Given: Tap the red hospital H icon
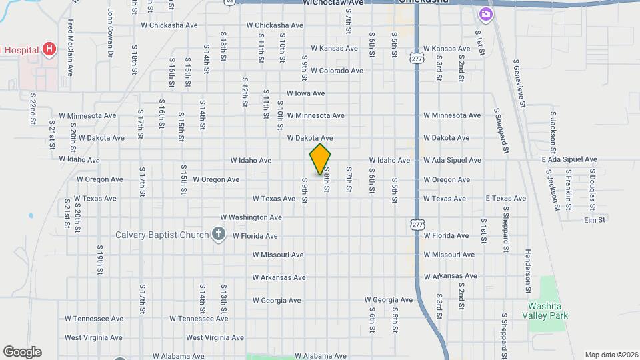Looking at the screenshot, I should coord(48,49).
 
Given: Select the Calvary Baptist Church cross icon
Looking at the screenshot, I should coord(218,233).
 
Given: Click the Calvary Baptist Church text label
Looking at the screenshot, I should coord(163,235).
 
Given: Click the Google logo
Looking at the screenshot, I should coord(22,352).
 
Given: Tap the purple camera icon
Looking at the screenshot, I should coord(486,13).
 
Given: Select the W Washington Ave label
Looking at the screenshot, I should coord(251,217).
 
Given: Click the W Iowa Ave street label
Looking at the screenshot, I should coord(305,93).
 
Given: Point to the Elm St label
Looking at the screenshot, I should coord(594,220).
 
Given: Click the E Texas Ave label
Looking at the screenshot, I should coord(506,199).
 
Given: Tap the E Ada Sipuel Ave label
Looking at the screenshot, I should coord(569,160).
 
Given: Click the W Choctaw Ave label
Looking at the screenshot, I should coord(333,3).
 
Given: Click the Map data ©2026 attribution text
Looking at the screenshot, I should coord(611,355).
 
